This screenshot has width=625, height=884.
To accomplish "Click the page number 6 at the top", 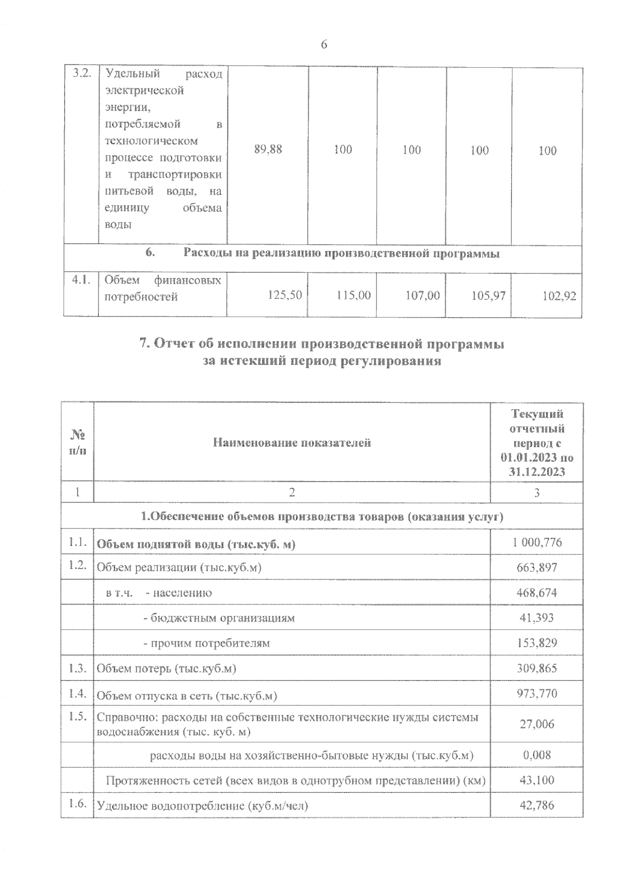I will click(x=323, y=45).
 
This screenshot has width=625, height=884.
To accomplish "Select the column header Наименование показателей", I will click(x=292, y=443).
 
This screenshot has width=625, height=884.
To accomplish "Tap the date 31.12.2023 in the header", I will click(x=537, y=472).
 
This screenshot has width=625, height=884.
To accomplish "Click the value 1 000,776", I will click(x=537, y=542).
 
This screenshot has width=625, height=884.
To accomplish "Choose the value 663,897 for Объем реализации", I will click(x=537, y=567).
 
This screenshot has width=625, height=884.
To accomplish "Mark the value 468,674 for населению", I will click(x=537, y=592).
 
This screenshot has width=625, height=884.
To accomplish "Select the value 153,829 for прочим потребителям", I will click(x=537, y=642).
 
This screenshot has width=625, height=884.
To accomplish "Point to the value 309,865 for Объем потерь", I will click(x=537, y=667).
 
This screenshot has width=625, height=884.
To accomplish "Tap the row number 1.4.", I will click(x=77, y=692).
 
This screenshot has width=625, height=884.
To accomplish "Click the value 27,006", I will click(x=537, y=724).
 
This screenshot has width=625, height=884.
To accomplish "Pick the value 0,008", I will click(x=537, y=754).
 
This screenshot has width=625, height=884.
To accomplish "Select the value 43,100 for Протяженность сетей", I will click(x=537, y=780).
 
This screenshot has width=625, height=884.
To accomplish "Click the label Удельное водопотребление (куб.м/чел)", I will click(x=203, y=806).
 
